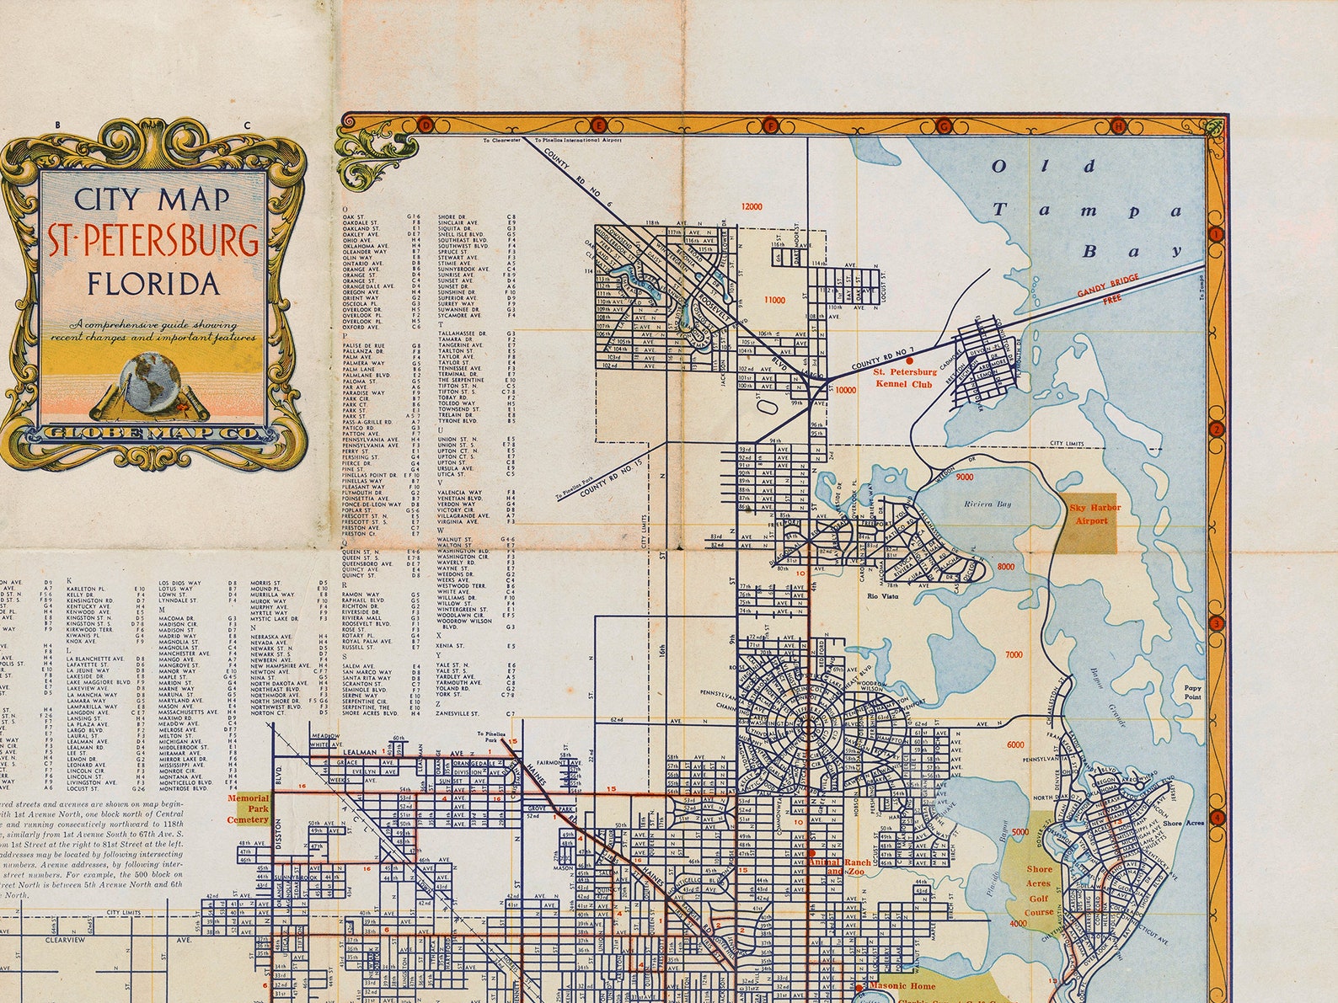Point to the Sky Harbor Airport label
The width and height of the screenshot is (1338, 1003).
click(1094, 515)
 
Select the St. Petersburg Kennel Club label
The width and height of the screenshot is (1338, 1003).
click(904, 377)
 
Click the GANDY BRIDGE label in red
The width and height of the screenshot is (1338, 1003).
click(1106, 291)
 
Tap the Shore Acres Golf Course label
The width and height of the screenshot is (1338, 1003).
click(1038, 890)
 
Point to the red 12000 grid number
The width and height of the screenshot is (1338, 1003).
click(752, 206)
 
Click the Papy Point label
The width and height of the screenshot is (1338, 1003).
click(1192, 691)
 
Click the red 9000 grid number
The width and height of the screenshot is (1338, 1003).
click(964, 477)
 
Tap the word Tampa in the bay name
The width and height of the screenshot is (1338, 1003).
click(1086, 210)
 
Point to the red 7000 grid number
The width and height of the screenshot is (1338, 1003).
click(1014, 654)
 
